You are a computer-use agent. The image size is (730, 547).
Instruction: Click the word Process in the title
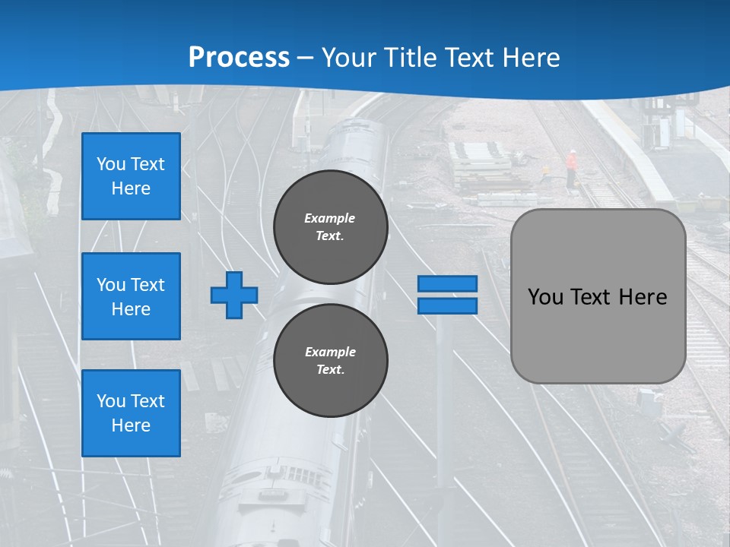[239, 58]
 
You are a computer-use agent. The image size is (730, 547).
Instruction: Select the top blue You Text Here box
[131, 176]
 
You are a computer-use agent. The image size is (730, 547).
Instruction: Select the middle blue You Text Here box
[131, 296]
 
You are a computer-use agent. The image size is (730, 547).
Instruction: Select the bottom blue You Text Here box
[131, 413]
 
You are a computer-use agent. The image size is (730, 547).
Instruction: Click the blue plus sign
[233, 295]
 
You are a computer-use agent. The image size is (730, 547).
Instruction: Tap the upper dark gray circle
[330, 226]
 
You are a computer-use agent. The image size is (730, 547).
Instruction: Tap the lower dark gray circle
[330, 360]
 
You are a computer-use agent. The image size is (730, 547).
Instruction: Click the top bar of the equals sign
[447, 284]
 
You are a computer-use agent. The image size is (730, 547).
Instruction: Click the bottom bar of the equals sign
[447, 305]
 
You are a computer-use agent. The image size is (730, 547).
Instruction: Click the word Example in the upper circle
[329, 218]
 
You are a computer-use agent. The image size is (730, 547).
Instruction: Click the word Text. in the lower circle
[330, 369]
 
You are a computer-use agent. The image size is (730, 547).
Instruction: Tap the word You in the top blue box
[110, 164]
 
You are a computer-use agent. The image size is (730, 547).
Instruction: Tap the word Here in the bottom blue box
[131, 425]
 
